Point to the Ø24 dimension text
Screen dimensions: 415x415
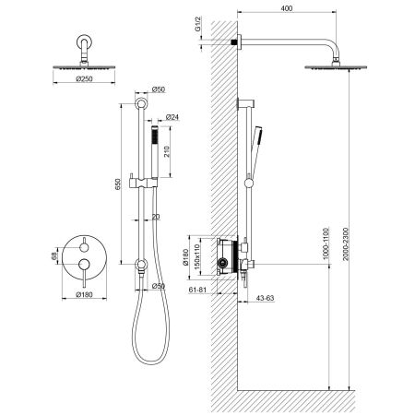click(x=172, y=117)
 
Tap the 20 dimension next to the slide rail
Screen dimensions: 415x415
click(x=158, y=218)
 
